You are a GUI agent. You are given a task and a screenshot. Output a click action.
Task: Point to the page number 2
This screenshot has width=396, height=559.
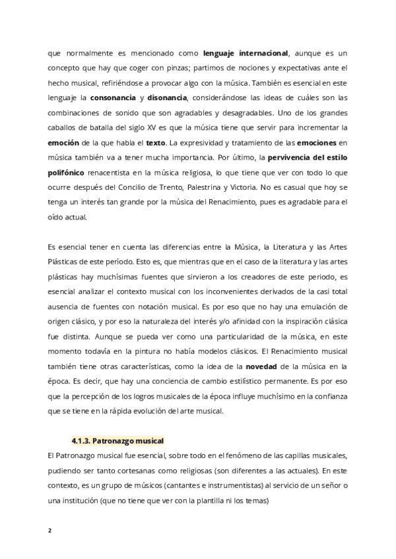pyautogui.click(x=49, y=529)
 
